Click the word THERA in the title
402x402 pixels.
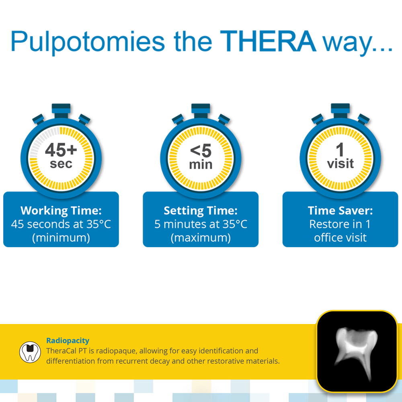268,41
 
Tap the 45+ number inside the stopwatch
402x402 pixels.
61,150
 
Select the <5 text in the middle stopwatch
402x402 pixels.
201,151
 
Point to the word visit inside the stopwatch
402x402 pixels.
340,164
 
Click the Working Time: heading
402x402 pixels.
61,211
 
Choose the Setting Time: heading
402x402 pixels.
201,211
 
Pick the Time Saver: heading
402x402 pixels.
340,211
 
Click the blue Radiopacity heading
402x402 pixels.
68,341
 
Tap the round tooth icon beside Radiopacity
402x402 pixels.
30,352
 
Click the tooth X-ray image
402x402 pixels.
357,351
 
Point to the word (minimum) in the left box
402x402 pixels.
61,238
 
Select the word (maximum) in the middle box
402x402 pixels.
201,238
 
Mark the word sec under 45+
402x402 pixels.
61,164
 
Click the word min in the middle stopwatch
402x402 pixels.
201,164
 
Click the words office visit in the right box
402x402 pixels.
340,238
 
